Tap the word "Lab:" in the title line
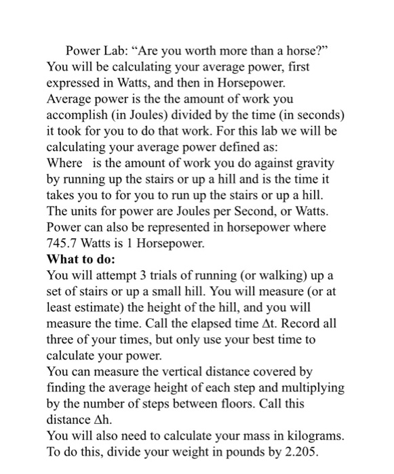pos(117,51)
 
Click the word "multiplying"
pos(311,387)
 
